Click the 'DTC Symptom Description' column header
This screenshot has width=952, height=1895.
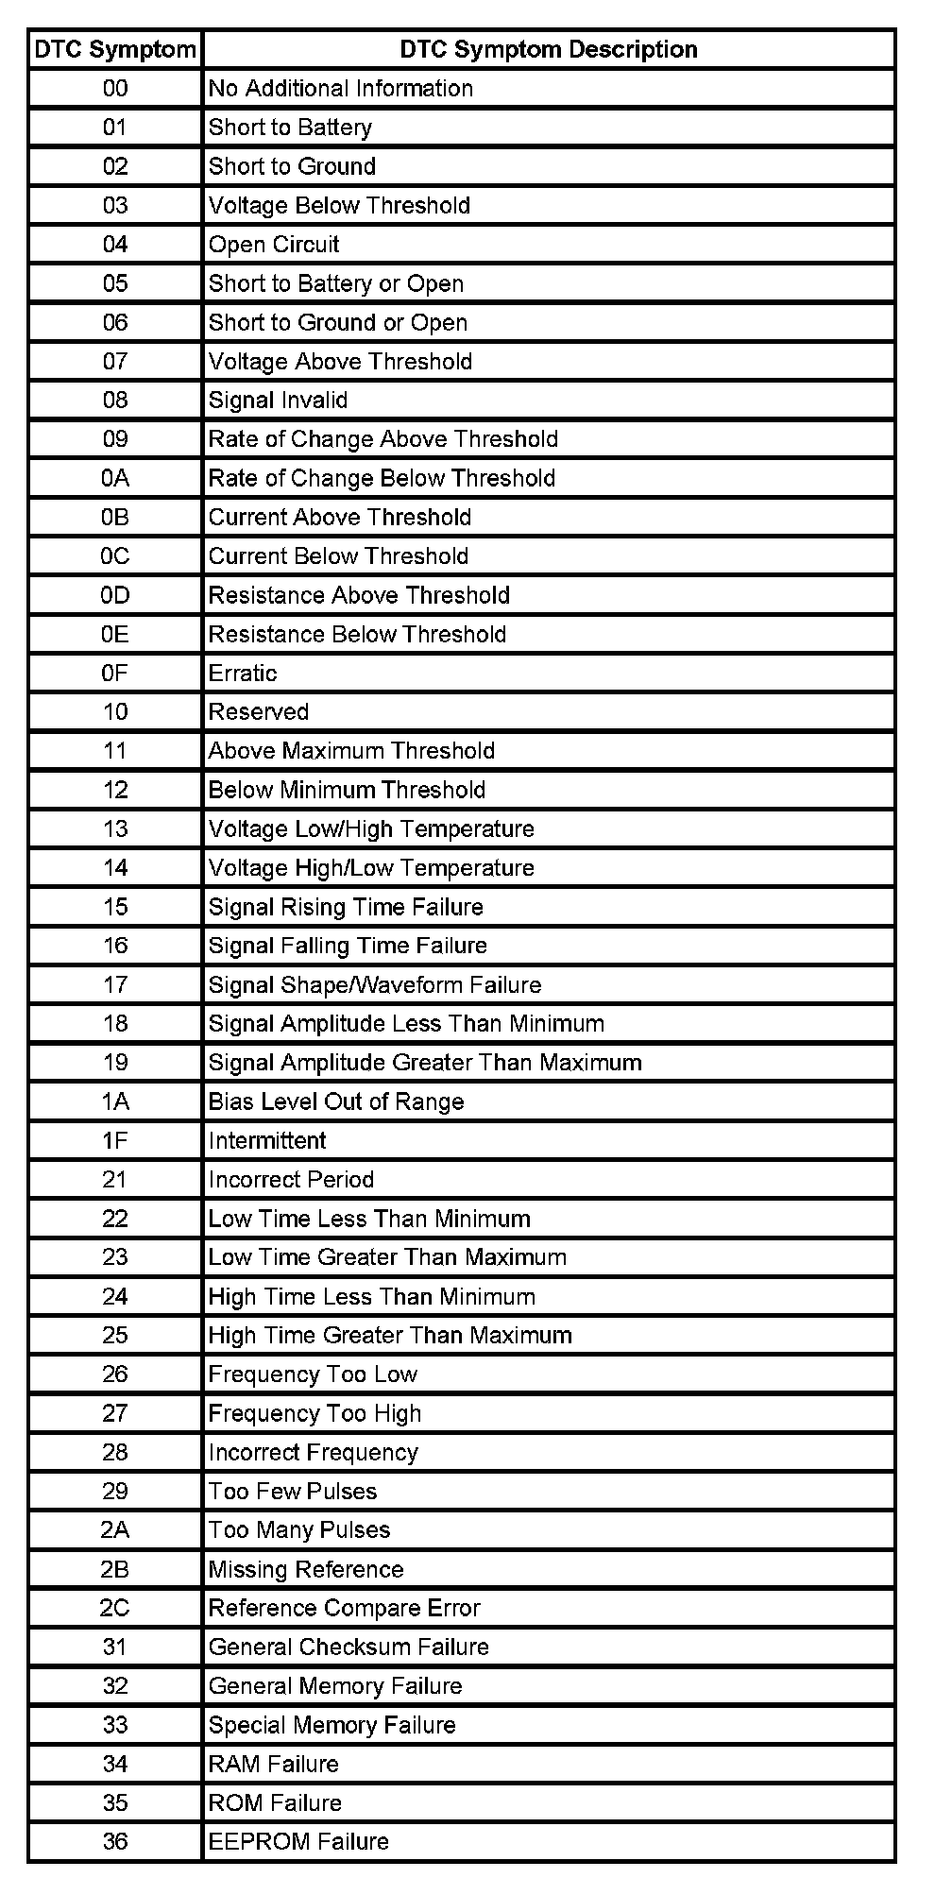pos(549,50)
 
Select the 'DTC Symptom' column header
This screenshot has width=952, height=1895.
pos(115,50)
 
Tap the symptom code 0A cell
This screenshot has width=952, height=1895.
pos(115,478)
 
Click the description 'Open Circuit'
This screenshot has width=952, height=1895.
pos(274,245)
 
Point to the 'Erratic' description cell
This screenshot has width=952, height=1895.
pos(243,673)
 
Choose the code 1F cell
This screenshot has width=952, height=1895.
pos(115,1140)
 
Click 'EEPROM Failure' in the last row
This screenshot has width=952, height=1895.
pos(298,1841)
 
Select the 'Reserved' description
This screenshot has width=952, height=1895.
pos(259,711)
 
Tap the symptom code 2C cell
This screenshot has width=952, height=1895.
pos(115,1608)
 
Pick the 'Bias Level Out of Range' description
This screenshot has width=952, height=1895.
pos(336,1101)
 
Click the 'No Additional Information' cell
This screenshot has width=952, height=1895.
pos(341,89)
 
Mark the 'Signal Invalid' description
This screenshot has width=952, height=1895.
pos(278,401)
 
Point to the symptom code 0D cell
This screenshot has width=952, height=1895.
pos(115,595)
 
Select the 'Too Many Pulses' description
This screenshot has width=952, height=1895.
pos(299,1529)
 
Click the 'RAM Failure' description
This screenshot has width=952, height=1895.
pos(273,1764)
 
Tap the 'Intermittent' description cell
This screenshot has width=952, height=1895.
pos(267,1140)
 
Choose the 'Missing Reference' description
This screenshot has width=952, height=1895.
pos(306,1569)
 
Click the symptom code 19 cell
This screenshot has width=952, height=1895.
pos(115,1063)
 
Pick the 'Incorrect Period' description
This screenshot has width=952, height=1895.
pos(291,1179)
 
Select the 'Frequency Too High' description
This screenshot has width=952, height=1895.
pos(314,1413)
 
